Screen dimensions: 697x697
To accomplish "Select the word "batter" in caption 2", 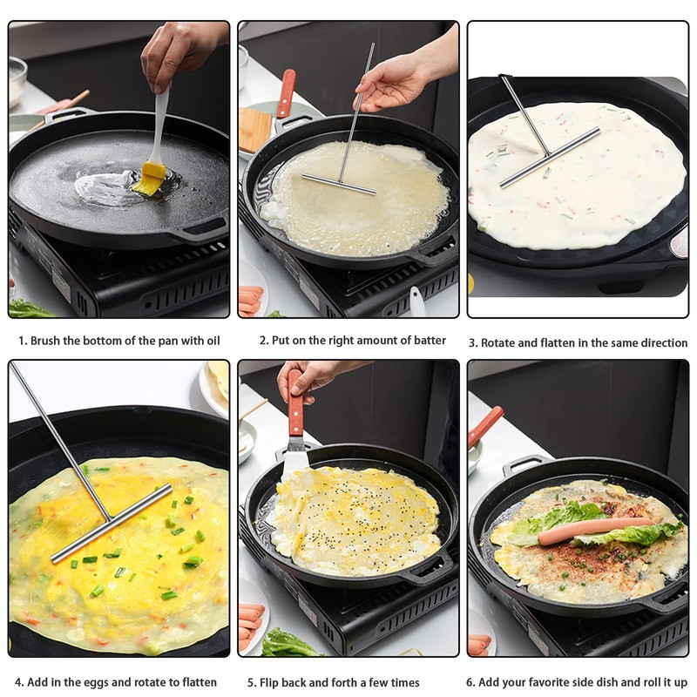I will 427,341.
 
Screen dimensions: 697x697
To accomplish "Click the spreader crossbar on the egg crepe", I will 112,524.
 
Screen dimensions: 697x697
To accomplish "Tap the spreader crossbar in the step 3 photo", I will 549,158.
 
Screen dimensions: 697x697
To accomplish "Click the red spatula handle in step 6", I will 484,427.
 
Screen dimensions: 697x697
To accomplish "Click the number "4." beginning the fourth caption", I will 19,682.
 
